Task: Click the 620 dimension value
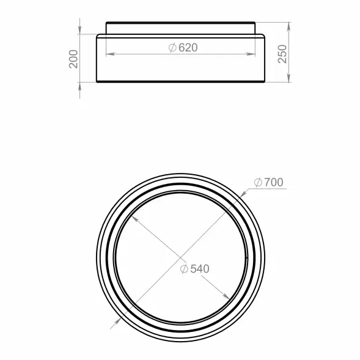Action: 188,48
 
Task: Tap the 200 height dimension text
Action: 73,59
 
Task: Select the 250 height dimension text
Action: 282,54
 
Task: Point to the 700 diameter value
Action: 274,182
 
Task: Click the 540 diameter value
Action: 200,269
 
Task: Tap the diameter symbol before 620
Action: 172,48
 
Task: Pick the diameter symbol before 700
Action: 258,182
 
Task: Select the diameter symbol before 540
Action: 184,269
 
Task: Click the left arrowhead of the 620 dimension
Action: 110,54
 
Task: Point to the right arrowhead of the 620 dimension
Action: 251,54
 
